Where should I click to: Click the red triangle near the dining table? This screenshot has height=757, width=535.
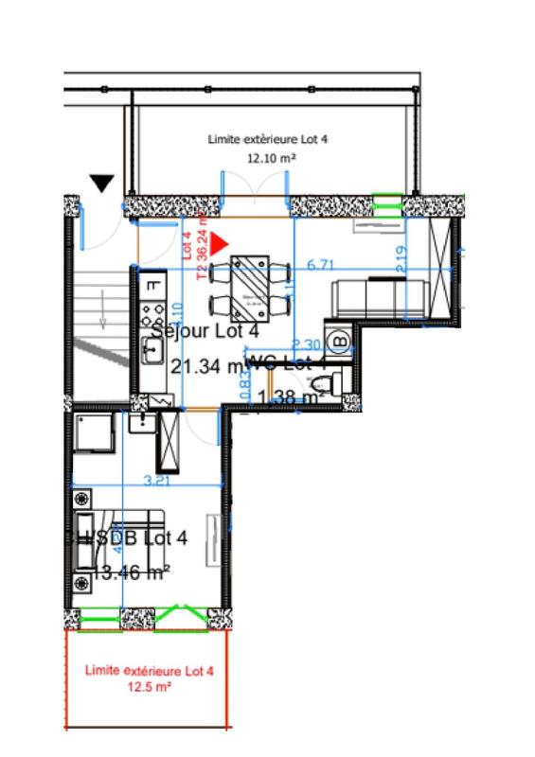click(220, 244)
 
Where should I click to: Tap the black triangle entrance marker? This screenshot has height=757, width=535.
click(101, 182)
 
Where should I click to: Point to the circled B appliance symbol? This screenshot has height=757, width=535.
click(340, 340)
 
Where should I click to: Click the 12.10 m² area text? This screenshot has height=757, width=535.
click(268, 159)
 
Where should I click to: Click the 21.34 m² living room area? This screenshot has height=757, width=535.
click(206, 364)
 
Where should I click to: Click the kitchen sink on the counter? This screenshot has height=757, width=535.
click(152, 348)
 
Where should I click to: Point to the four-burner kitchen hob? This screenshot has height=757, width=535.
click(152, 310)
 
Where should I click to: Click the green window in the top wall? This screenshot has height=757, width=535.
click(385, 202)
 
